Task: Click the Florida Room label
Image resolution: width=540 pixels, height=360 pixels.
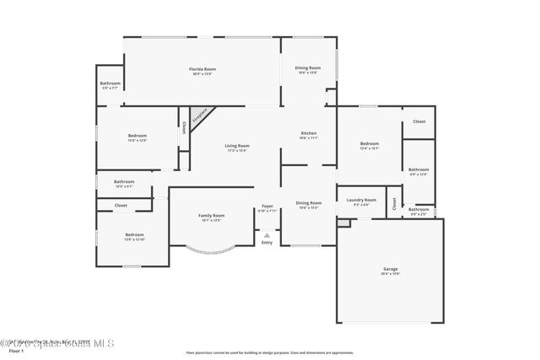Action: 202,70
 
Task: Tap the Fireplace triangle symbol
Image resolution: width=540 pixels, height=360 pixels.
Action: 200,116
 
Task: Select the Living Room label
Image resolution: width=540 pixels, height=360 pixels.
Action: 235,148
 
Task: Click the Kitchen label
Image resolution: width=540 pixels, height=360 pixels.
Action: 308,135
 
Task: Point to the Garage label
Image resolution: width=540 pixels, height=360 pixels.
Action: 390,271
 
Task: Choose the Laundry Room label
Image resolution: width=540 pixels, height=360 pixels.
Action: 361,201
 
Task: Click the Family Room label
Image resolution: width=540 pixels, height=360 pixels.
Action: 211,217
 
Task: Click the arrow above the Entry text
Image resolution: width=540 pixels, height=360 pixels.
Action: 267,235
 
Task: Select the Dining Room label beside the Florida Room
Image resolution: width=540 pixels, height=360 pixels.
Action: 307,69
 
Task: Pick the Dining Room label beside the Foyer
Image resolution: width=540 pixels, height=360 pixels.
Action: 308,203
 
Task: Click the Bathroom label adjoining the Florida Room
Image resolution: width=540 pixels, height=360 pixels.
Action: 111,84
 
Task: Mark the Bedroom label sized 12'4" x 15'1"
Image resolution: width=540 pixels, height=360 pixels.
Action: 369,145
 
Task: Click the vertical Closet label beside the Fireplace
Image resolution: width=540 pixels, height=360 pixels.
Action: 184,128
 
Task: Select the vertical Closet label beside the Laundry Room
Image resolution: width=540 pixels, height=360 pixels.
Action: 394,203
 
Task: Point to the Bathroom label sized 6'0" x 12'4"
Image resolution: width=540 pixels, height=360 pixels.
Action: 418,170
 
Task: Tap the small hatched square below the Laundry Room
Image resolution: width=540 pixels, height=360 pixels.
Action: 343,223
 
